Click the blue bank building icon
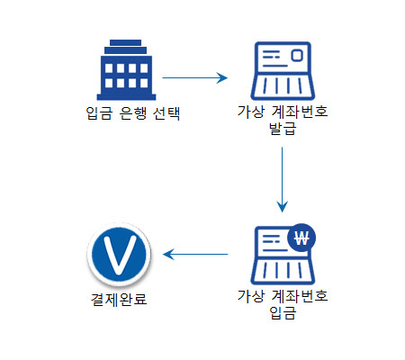point(126,70)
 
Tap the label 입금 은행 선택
point(133,113)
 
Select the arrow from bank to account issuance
point(194,77)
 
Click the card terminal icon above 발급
point(283,71)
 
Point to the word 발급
point(283,129)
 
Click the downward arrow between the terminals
point(282,179)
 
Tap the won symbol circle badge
point(301,238)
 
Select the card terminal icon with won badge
point(283,255)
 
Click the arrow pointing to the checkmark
point(195,255)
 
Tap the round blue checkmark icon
point(119,255)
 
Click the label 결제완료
point(119,299)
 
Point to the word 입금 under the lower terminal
point(283,312)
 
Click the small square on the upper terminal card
point(297,55)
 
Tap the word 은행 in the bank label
point(133,113)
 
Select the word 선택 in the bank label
point(166,113)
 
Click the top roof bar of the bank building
point(125,42)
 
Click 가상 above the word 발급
point(251,112)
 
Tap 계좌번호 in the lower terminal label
point(300,296)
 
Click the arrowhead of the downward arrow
point(282,206)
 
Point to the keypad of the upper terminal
point(283,86)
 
